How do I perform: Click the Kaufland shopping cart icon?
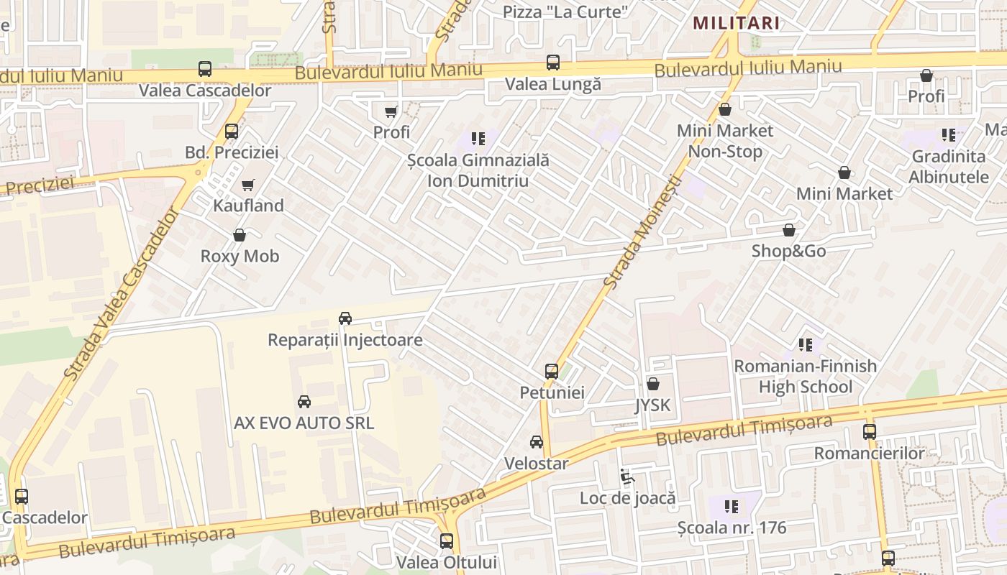[248, 185]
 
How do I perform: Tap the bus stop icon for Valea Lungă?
[552, 63]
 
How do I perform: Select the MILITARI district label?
[736, 23]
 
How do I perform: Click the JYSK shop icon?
[653, 385]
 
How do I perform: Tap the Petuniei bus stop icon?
[552, 372]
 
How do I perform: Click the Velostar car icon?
[537, 442]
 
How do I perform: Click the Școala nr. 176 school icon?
[732, 507]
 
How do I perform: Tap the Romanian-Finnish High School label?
[805, 377]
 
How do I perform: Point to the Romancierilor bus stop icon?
[870, 432]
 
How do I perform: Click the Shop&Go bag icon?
[789, 231]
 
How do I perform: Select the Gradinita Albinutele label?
[949, 167]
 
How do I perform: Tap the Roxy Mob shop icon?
[240, 236]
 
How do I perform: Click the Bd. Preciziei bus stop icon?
[231, 132]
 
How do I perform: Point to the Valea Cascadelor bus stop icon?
[205, 70]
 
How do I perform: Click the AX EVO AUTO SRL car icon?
[304, 402]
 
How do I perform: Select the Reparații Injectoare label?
[345, 339]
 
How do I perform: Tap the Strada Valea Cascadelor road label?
[120, 295]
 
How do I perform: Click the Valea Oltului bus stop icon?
[447, 541]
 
